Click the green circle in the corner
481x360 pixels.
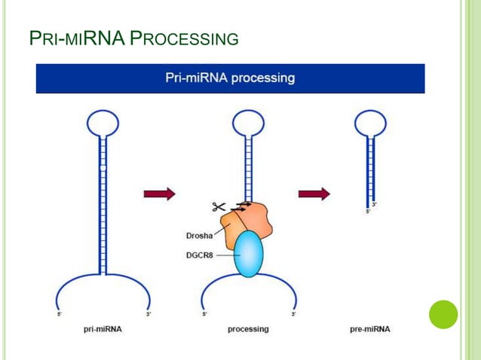[443, 314]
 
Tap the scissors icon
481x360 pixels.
[219, 206]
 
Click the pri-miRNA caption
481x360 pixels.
[103, 329]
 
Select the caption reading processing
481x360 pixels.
[248, 329]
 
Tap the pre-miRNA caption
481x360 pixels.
[370, 329]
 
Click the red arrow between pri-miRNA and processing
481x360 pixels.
[159, 194]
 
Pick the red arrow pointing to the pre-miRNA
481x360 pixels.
[314, 194]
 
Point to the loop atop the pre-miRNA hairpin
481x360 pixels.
[369, 122]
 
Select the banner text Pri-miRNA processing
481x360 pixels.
[230, 78]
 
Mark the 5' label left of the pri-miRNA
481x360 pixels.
[60, 313]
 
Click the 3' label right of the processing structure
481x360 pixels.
[293, 313]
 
